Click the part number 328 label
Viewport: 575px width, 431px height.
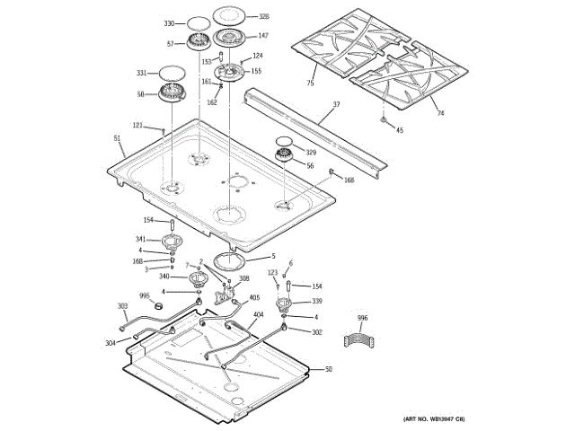(264, 16)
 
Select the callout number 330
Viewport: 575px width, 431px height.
(168, 22)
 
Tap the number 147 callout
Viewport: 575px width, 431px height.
(263, 36)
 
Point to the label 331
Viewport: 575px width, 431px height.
(141, 73)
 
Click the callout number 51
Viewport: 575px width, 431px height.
(117, 138)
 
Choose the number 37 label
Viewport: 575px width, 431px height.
(337, 105)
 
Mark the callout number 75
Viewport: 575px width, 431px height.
(310, 84)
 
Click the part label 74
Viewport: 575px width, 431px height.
(440, 112)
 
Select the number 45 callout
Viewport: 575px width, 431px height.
(400, 131)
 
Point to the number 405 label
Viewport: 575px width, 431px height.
(254, 297)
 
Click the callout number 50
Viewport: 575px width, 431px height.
(328, 370)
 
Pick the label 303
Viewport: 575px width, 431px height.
(123, 307)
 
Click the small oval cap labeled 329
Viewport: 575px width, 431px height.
(285, 140)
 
